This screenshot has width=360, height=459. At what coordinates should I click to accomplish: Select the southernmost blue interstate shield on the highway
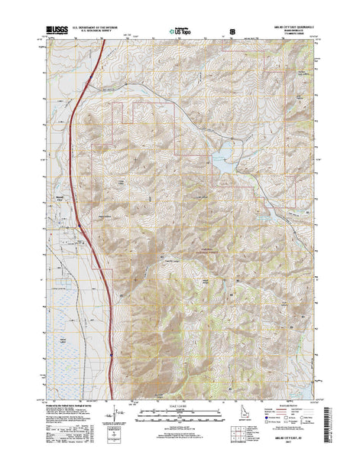click(111, 353)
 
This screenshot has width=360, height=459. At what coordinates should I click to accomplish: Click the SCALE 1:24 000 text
click(180, 403)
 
